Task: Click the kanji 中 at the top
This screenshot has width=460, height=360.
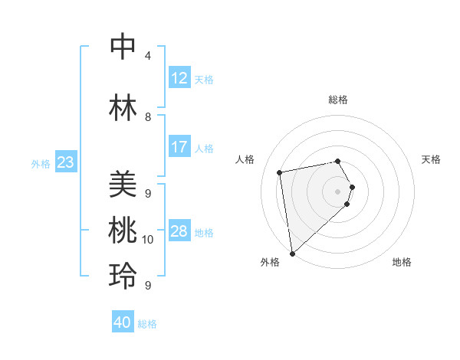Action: [x=123, y=47]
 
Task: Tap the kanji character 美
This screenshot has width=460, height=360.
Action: [x=123, y=185]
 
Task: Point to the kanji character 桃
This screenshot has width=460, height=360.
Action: [x=123, y=231]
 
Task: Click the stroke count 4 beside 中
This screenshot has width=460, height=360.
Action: [x=148, y=56]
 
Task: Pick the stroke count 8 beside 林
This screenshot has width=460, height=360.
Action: [x=148, y=117]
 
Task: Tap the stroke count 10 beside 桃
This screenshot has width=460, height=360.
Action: [x=148, y=240]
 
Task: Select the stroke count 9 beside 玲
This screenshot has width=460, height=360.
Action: [x=148, y=286]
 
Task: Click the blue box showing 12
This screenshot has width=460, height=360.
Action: [x=179, y=78]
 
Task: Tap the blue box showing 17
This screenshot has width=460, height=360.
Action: [x=179, y=147]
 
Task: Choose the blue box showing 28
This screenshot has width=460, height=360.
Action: [x=179, y=231]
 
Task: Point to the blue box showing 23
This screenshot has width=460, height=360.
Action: [x=65, y=162]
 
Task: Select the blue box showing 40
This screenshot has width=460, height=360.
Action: [x=123, y=322]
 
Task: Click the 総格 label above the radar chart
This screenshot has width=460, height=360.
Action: [x=338, y=100]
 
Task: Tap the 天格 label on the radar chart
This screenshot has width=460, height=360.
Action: [x=431, y=159]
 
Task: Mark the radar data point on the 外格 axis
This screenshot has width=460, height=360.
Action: [x=292, y=253]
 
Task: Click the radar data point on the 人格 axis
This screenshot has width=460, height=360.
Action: [x=280, y=172]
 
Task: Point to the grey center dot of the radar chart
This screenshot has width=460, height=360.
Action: [x=338, y=191]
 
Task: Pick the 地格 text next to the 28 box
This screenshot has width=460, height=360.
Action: [x=204, y=232]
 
